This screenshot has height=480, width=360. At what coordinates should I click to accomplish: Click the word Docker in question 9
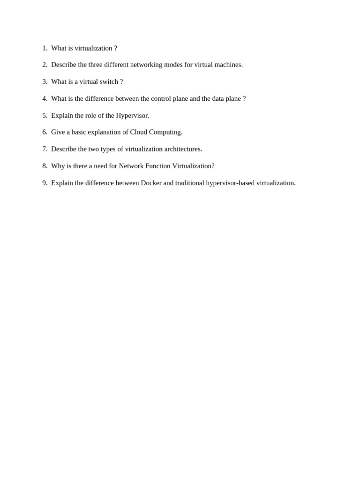coord(151,183)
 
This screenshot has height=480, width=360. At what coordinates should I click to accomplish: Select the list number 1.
coord(45,48)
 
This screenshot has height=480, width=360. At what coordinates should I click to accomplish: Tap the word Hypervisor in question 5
coord(133,116)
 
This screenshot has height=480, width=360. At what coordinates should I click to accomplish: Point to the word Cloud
coord(139,132)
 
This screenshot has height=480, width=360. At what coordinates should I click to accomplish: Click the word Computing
coord(166,133)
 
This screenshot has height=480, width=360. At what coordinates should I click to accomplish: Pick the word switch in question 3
coord(109,82)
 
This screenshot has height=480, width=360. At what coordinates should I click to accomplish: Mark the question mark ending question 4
coord(244,98)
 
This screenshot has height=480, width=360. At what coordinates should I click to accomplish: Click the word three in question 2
coord(95,65)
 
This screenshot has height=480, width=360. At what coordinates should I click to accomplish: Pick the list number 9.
coord(45,183)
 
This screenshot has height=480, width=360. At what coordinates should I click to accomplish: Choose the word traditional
coord(190,183)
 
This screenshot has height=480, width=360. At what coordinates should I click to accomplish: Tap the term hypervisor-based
coord(230,183)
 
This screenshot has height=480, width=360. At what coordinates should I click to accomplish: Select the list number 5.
coord(45,115)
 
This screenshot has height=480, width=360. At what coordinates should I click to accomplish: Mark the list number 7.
coord(45,149)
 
